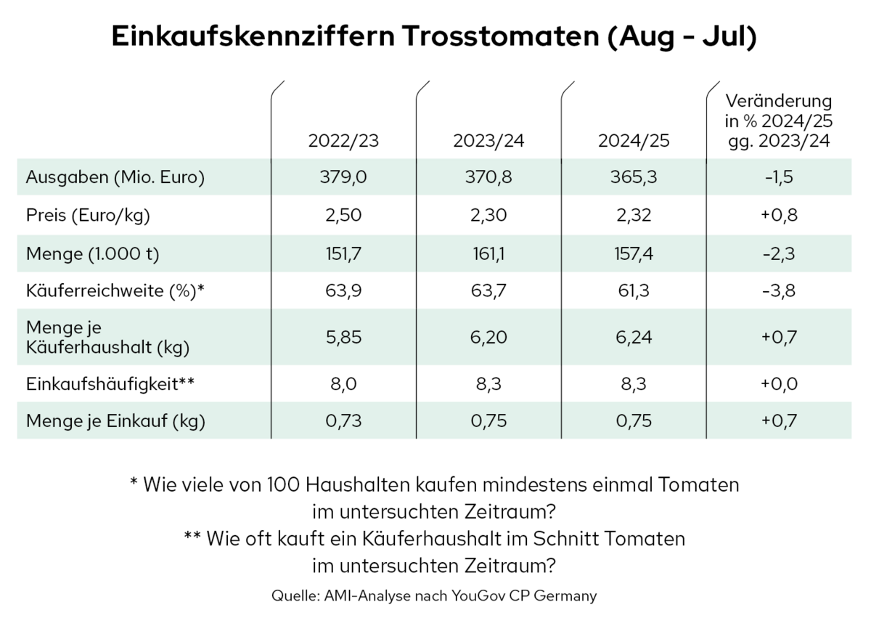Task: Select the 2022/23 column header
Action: [343, 142]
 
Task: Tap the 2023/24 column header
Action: [488, 142]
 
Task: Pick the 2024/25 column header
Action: [634, 142]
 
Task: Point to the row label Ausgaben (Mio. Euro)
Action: [115, 177]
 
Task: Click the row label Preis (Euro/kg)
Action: [91, 215]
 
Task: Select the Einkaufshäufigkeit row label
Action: [111, 383]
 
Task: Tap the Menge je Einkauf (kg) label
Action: [115, 420]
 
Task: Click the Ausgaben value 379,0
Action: [343, 177]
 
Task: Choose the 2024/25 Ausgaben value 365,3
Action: [634, 177]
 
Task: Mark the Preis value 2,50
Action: [343, 215]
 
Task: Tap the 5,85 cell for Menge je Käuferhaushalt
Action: [343, 336]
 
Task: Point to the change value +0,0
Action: [780, 383]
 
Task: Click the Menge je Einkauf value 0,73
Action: [343, 420]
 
